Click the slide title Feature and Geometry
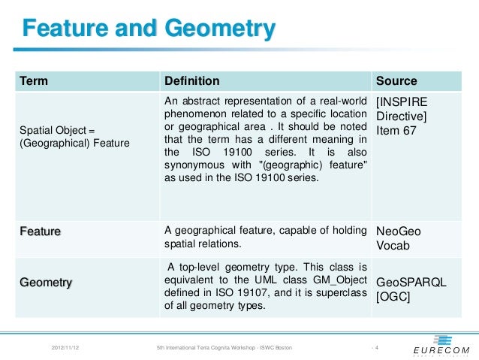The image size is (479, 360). (x=149, y=29)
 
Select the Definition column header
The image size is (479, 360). (x=192, y=81)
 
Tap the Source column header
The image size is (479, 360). (x=396, y=81)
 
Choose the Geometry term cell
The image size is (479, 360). (x=46, y=283)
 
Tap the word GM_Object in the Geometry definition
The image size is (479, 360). (x=339, y=280)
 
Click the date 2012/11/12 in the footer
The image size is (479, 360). (x=68, y=348)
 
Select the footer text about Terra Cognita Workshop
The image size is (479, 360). (x=223, y=348)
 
